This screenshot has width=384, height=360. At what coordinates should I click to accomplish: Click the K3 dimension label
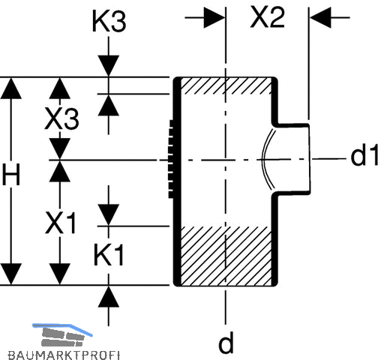[109, 21]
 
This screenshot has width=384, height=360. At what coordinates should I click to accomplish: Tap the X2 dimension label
[268, 17]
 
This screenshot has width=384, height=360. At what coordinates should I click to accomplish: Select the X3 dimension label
[61, 118]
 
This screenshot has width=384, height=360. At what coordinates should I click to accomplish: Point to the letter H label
[11, 175]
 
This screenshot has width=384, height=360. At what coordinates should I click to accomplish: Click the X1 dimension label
[60, 223]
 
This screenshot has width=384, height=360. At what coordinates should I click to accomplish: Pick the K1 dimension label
[109, 255]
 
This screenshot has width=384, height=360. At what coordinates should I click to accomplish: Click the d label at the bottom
[226, 342]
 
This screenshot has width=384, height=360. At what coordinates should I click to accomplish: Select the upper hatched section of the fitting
[226, 86]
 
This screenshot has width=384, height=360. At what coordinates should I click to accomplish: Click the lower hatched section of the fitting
[226, 256]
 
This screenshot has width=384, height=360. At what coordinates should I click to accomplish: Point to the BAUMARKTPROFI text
[64, 355]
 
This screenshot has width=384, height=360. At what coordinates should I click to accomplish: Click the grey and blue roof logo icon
[62, 335]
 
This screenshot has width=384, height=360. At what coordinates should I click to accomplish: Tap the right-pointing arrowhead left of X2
[214, 17]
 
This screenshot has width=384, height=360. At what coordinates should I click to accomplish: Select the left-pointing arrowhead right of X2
[320, 17]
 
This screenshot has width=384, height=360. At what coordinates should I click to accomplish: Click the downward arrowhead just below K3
[109, 66]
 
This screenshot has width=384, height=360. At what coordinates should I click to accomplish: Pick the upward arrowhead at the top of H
[11, 88]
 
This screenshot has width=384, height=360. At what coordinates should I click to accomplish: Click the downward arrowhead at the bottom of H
[11, 274]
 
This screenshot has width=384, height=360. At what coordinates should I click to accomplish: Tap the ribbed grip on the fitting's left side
[172, 159]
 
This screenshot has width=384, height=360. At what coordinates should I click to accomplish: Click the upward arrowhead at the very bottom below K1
[109, 296]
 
